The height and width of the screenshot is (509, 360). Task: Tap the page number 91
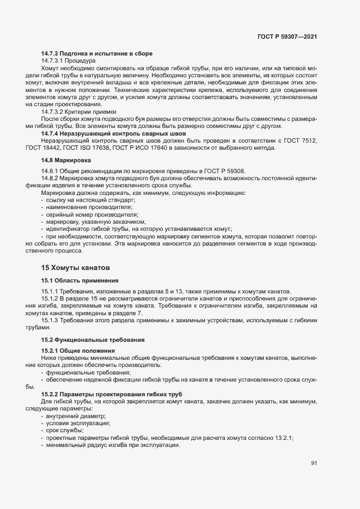(x=314, y=463)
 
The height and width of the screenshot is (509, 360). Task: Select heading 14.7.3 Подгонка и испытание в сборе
(x=96, y=53)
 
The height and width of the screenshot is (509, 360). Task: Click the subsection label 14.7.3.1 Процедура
(x=68, y=61)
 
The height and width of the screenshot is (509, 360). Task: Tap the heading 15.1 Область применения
(x=80, y=280)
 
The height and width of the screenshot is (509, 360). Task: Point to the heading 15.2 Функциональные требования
(x=93, y=340)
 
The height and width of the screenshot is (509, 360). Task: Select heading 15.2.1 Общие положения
(x=78, y=350)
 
